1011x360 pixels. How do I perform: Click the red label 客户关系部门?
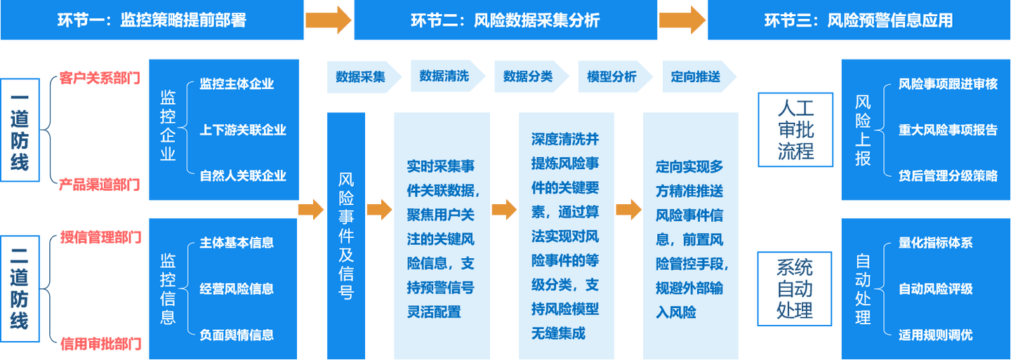(100, 78)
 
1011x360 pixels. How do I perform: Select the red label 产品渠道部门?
(100, 185)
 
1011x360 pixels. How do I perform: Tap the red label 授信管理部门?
(101, 237)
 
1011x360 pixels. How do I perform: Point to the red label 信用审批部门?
(101, 344)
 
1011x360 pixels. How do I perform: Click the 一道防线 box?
(20, 130)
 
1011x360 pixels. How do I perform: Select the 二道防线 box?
(20, 288)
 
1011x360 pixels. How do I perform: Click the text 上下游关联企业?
(243, 130)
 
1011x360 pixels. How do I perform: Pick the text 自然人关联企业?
(243, 175)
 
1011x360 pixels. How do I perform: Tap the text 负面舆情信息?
(237, 335)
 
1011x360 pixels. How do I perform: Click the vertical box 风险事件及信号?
(346, 236)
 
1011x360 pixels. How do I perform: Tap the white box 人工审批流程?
(795, 130)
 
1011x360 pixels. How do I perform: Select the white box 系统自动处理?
(794, 288)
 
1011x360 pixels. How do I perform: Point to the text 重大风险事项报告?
(948, 130)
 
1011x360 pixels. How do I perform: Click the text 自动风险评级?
(936, 288)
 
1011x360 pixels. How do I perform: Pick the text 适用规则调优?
(936, 335)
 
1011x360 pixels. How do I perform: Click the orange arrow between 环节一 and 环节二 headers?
(329, 20)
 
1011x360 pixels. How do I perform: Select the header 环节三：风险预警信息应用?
(859, 20)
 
